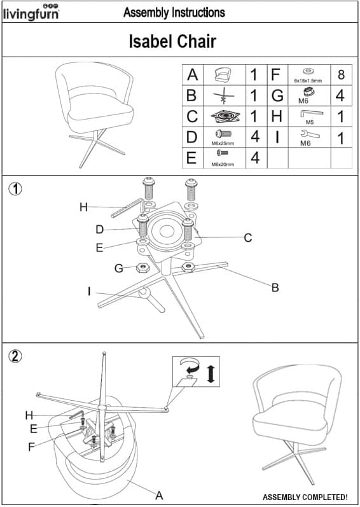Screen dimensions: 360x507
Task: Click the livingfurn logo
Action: point(31,13)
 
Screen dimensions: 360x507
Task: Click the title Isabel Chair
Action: point(172,41)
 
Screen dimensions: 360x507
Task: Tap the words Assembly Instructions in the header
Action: point(174,13)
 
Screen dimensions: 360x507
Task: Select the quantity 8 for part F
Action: point(341,74)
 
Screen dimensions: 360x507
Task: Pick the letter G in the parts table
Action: point(277,95)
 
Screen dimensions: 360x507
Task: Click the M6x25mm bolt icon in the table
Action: point(223,134)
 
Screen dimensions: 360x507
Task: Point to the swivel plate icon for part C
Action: point(225,116)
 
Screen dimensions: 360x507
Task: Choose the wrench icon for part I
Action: point(310,134)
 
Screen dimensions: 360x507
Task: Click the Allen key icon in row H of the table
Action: point(312,114)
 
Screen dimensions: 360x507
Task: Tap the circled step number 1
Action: point(15,189)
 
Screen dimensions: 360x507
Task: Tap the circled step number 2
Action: point(15,356)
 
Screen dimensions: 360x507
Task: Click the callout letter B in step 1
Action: point(275,288)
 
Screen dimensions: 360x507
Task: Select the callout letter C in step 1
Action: point(248,238)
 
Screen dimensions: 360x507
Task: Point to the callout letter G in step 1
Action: point(119,268)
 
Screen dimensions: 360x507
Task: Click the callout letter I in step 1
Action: point(89,292)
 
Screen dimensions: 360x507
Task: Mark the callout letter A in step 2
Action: point(158,495)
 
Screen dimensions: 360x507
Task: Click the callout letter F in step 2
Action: point(31,447)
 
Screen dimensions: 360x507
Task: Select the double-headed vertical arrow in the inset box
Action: point(211,373)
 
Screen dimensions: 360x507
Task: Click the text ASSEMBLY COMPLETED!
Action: point(305,497)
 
